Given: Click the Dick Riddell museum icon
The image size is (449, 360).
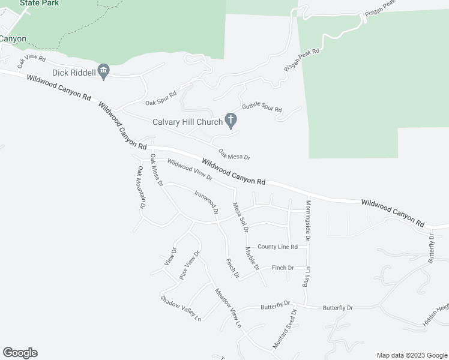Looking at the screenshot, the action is coord(103,72).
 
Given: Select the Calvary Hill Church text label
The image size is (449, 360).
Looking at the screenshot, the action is coord(188,122).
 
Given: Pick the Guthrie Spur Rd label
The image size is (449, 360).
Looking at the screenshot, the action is coord(262,109).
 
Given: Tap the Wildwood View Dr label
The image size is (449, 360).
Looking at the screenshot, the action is coord(190,170).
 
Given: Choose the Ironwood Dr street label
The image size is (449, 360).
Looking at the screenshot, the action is coord(205,202).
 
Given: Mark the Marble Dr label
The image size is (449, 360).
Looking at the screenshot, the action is coord(252,258).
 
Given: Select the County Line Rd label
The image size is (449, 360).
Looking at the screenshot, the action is coord(277,247).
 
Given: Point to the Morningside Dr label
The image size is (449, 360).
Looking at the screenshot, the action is coord(308,220).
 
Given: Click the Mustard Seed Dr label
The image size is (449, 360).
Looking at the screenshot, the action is coord(285,329).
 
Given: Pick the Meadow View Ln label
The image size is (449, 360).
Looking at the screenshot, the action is coord(228,309).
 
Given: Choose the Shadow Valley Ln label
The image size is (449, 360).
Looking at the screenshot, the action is coord(180,308).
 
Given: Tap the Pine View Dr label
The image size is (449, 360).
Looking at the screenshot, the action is coord(189,265).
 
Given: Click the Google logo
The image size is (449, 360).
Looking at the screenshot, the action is coord(20,353).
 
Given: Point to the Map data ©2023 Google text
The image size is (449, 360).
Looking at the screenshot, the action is coord(411,355).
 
